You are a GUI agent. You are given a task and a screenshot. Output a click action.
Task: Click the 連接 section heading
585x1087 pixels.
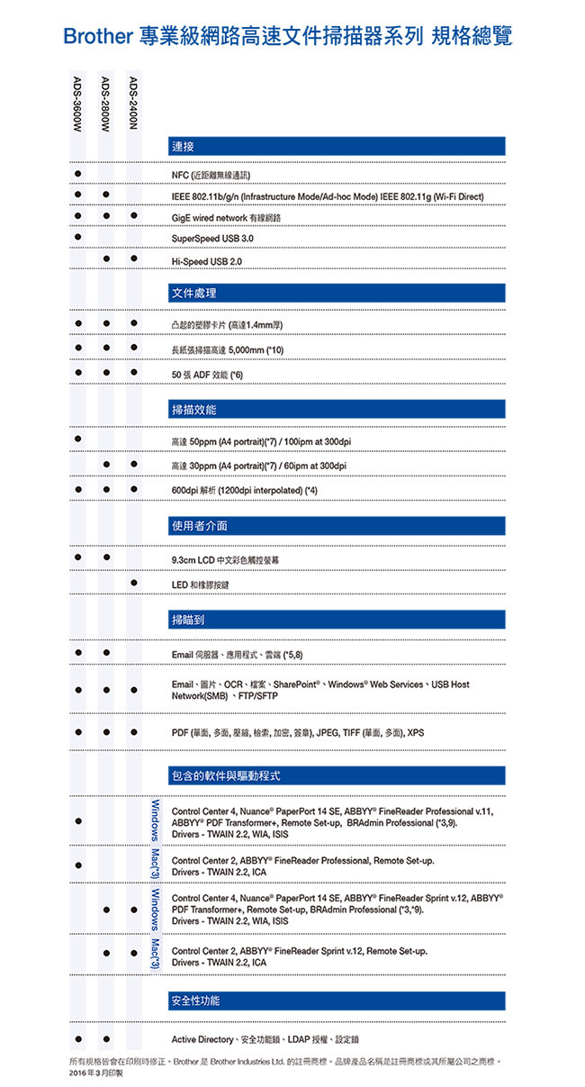(x=182, y=146)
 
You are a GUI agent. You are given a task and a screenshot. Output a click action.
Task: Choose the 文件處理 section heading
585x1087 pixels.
(x=193, y=293)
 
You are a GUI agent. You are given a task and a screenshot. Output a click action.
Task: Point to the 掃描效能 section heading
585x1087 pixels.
(x=193, y=410)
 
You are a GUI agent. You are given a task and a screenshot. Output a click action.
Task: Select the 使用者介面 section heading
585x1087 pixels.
(x=199, y=525)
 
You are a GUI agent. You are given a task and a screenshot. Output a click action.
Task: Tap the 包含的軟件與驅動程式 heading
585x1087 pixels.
(x=231, y=774)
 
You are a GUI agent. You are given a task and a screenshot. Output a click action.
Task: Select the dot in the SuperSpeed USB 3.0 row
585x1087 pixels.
(x=79, y=238)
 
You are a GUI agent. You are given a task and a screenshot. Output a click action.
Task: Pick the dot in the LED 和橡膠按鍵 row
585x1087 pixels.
(x=133, y=584)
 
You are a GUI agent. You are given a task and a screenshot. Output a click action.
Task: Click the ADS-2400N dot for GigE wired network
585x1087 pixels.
(x=133, y=216)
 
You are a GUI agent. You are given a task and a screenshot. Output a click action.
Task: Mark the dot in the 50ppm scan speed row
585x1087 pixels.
(x=79, y=439)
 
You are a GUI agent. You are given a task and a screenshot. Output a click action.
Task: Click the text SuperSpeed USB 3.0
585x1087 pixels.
(x=212, y=239)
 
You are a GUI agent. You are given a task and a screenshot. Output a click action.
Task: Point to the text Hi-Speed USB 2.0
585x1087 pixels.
(x=207, y=261)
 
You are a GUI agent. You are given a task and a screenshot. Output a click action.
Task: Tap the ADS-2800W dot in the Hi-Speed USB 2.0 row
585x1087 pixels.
(x=106, y=260)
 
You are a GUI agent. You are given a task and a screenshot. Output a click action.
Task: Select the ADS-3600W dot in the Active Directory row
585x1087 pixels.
(x=79, y=1039)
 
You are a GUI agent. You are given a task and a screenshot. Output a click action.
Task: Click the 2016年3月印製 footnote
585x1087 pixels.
(x=95, y=1073)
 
